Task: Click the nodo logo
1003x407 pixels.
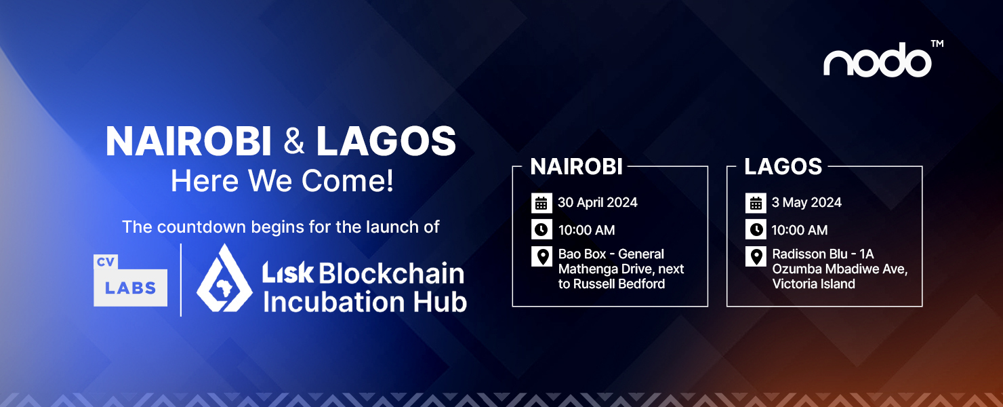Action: point(878,60)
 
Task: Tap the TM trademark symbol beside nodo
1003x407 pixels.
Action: point(937,43)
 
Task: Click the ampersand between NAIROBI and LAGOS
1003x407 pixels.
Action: point(293,141)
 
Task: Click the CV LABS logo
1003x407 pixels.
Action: point(130,280)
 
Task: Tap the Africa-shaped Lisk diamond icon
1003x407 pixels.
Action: point(224,278)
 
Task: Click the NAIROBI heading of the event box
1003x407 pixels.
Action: point(576,167)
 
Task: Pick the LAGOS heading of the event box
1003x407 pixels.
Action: point(783,167)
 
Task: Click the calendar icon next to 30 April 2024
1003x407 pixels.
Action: point(541,203)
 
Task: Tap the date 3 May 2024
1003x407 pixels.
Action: point(806,203)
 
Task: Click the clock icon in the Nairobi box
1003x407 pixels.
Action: point(541,229)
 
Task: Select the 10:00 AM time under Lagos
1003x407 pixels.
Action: point(799,230)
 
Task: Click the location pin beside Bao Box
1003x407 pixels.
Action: point(541,256)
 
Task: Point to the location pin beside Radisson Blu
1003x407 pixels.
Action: point(756,256)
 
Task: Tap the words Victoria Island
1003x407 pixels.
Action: point(814,284)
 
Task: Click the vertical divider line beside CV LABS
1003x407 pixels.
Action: point(181,280)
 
